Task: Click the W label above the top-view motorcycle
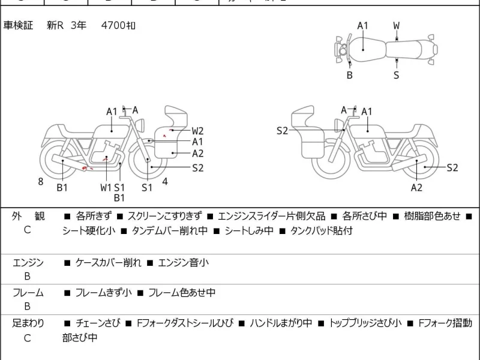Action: point(397,26)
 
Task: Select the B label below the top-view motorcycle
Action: point(349,75)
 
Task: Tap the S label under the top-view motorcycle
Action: point(396,75)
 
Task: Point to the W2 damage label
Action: point(198,131)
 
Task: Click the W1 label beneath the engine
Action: point(106,187)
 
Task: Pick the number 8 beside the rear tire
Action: point(41,181)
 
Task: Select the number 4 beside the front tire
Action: point(164,181)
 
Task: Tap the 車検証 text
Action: point(19,26)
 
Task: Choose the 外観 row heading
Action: point(28,216)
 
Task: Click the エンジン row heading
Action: point(28,262)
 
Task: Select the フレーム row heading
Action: point(28,293)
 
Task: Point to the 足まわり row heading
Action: point(28,323)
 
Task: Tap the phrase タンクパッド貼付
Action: point(322,230)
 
